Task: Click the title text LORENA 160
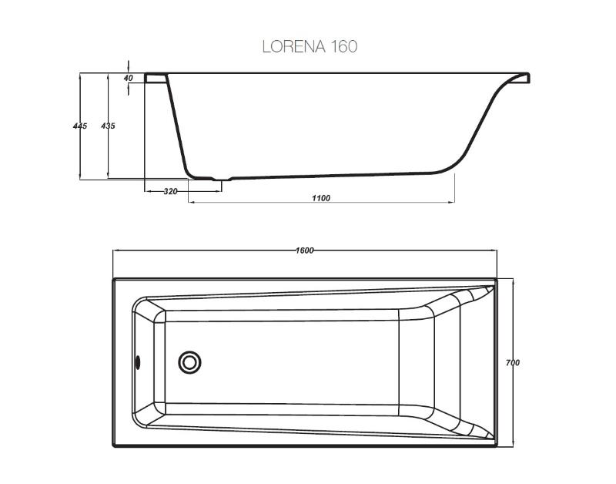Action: click(310, 46)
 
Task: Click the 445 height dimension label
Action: click(80, 126)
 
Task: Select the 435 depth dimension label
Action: click(108, 126)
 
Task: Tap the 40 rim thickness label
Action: click(128, 78)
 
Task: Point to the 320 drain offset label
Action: click(170, 191)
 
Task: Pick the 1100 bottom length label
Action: click(321, 198)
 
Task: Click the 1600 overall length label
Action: click(304, 250)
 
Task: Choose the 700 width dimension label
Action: click(512, 362)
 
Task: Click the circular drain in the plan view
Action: click(189, 362)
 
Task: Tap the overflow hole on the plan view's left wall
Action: click(138, 362)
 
